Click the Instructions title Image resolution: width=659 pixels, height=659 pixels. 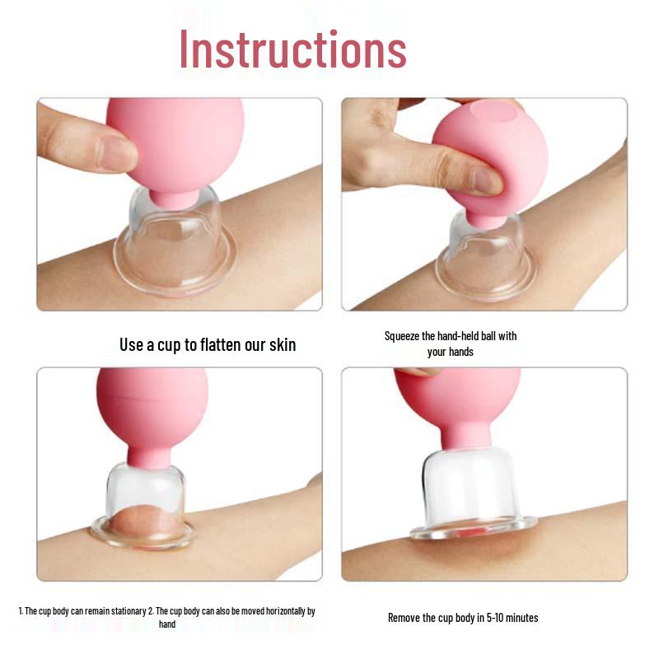(293, 49)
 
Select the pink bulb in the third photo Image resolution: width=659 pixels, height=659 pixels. (152, 412)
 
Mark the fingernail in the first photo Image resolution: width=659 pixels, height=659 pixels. (115, 152)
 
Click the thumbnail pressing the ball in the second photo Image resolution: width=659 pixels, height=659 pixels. (486, 181)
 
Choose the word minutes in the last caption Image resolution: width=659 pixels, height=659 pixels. (521, 618)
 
